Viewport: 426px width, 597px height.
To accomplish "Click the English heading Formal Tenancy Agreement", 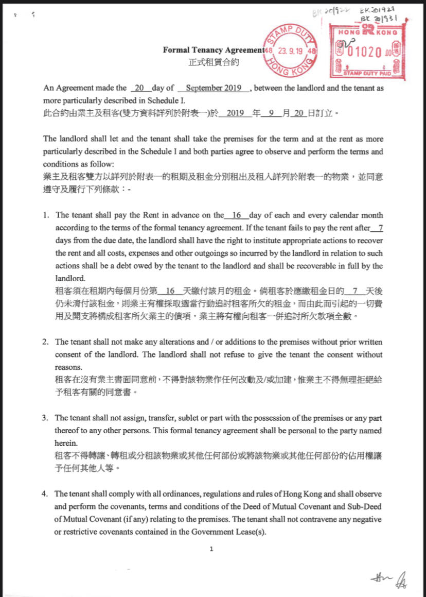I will click(213, 50).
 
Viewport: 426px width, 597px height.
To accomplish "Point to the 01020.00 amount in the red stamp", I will click(369, 52).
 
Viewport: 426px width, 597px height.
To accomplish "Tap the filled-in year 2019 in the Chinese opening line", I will click(234, 113).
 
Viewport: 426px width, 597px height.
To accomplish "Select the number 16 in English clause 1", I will click(237, 215).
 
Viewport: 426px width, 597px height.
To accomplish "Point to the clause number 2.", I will click(45, 342).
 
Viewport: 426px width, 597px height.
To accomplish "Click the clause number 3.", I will click(45, 418).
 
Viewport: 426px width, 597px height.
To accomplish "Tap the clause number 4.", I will click(45, 494).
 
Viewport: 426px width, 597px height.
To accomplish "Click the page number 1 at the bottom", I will click(211, 549).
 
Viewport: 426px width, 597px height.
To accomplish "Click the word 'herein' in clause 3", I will click(64, 443).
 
